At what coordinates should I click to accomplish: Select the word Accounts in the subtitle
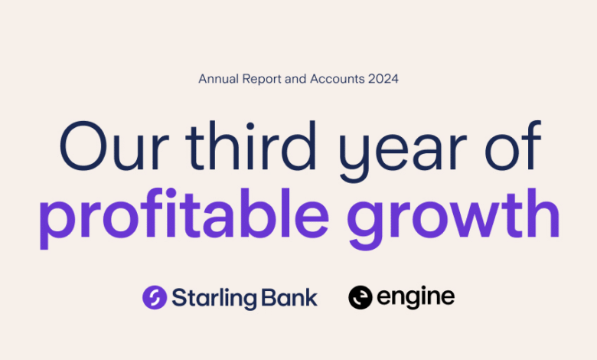[x=338, y=79]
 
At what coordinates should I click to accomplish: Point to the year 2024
[x=383, y=79]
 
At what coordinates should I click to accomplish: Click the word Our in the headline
[x=114, y=146]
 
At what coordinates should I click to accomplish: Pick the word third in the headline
[x=251, y=145]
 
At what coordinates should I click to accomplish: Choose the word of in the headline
[x=514, y=145]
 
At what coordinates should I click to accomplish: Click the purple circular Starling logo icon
[x=155, y=297]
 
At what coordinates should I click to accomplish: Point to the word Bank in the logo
[x=289, y=297]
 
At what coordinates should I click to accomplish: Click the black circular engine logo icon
[x=360, y=297]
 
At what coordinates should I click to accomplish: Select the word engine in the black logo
[x=416, y=298]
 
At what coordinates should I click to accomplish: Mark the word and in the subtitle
[x=295, y=79]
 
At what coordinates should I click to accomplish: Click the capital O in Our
[x=83, y=146]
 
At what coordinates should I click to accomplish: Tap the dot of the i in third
[x=250, y=126]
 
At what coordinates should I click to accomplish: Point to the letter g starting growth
[x=367, y=224]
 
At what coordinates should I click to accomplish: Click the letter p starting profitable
[x=59, y=224]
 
